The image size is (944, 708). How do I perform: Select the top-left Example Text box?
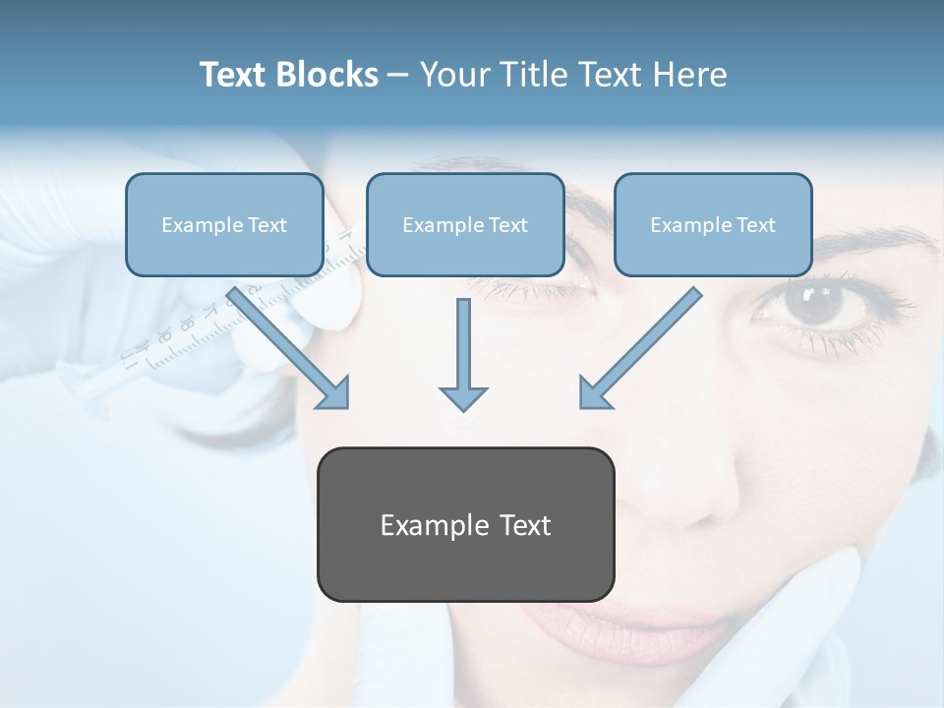point(224,224)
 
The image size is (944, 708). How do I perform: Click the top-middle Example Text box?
point(465,224)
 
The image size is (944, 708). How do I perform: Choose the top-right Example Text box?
point(713,224)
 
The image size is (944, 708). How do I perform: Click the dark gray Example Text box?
point(465,524)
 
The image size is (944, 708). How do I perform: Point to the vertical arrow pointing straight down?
point(463,354)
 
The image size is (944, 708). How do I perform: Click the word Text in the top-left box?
point(267,225)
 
